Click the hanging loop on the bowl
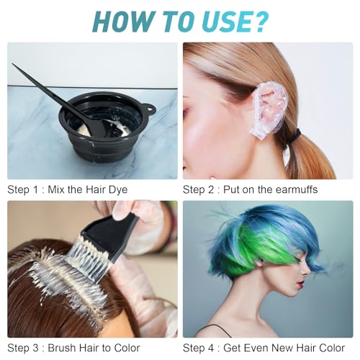(150, 110)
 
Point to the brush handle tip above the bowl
(16, 68)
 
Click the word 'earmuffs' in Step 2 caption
(295, 190)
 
